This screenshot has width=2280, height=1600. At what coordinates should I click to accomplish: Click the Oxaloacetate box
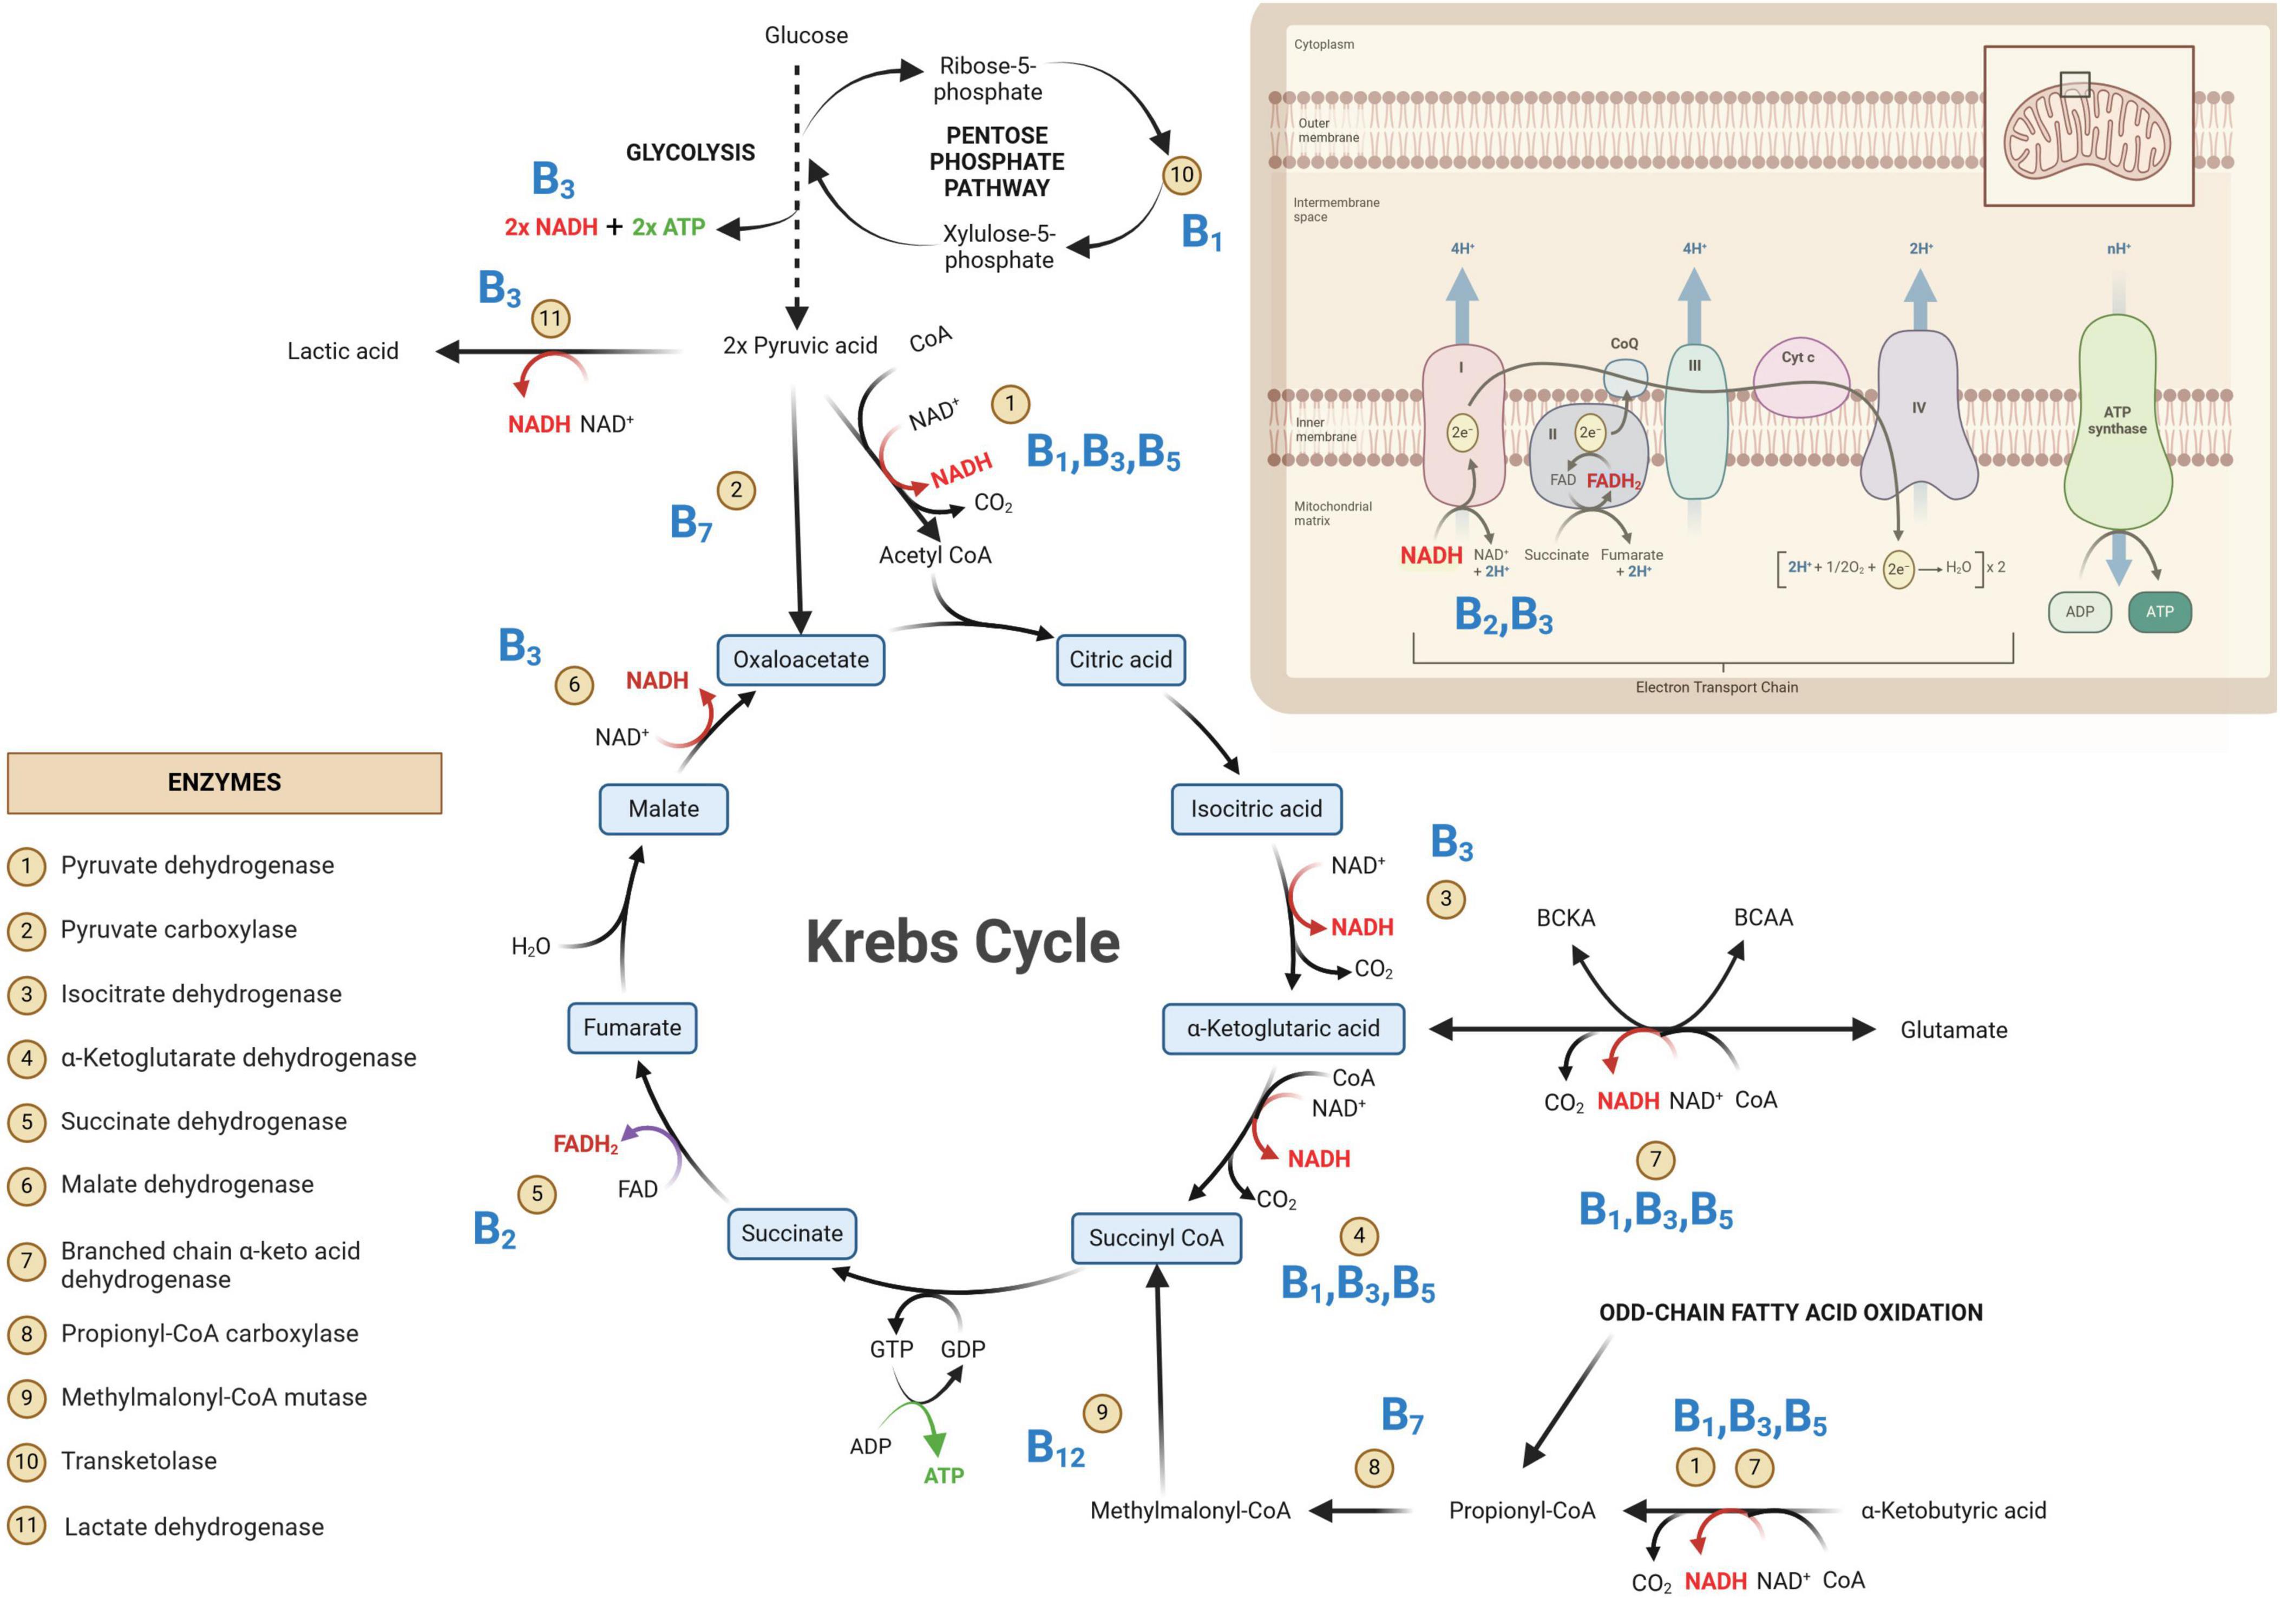(801, 659)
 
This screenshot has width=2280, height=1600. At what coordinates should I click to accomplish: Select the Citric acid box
(1120, 659)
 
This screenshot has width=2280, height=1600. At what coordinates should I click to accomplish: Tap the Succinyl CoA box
(1156, 1237)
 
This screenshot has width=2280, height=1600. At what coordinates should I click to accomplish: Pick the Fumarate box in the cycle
(633, 1027)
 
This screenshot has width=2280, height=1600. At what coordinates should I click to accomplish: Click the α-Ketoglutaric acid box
(1283, 1028)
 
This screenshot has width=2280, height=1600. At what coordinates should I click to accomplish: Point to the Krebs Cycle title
(962, 941)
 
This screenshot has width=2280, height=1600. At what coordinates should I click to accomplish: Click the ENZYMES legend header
(225, 783)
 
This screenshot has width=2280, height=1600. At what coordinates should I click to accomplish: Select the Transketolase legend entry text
(139, 1461)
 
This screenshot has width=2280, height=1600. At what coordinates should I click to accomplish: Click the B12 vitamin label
(1054, 1448)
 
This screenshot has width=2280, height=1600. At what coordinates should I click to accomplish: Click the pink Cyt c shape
(1800, 377)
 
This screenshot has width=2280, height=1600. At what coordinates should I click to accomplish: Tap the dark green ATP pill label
(2160, 612)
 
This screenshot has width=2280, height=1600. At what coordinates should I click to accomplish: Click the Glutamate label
(1953, 1030)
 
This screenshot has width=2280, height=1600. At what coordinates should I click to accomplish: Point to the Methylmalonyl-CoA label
(1190, 1511)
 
